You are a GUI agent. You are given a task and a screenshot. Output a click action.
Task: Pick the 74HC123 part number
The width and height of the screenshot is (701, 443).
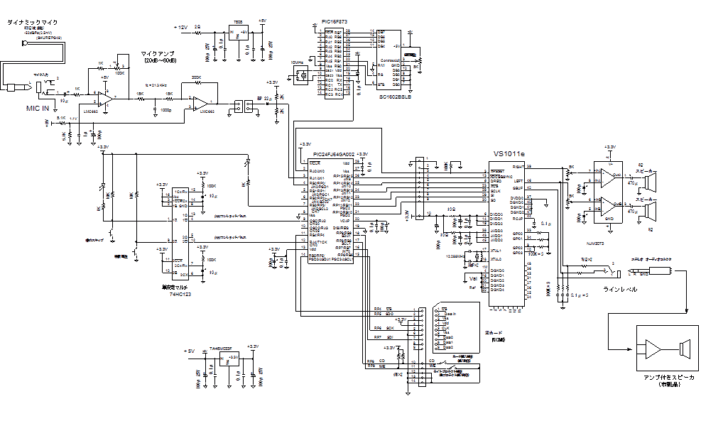(x=180, y=292)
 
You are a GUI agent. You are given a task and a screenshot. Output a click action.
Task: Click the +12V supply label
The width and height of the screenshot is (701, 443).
(x=180, y=27)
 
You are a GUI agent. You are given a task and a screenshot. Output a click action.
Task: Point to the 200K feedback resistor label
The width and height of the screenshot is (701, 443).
(x=196, y=77)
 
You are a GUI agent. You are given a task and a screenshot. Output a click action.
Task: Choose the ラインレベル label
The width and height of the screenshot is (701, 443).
(x=620, y=289)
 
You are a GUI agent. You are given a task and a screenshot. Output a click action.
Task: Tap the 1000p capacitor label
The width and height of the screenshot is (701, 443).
(x=166, y=110)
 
